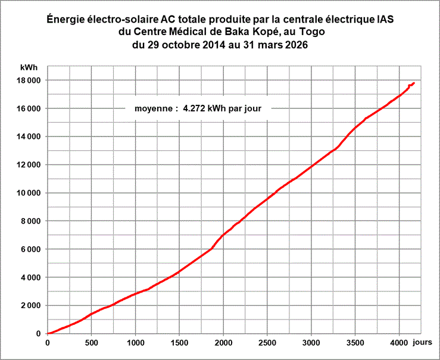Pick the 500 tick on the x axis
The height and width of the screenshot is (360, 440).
coord(92,343)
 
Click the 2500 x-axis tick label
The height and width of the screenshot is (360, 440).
coord(267,343)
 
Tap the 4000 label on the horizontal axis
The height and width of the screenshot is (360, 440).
coord(399,343)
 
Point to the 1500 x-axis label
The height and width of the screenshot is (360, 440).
coord(179,343)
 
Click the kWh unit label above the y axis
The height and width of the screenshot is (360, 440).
coord(29,67)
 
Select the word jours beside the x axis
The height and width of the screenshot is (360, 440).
coord(422,342)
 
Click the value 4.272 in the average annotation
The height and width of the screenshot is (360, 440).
coord(194,108)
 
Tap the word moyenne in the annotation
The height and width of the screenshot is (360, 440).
coord(154,109)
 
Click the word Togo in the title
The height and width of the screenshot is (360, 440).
coord(312,32)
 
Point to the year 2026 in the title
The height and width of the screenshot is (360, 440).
coord(297,45)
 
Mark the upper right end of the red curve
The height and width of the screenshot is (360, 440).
coord(414,83)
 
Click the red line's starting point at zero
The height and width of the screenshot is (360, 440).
coord(48,334)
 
